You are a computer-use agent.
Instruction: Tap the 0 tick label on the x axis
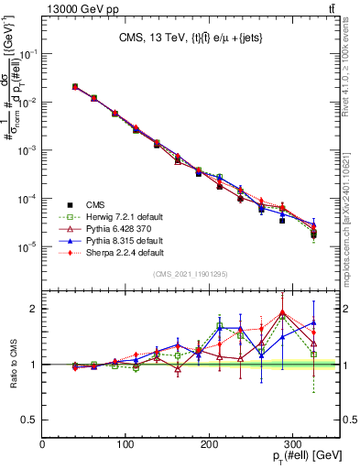pyautogui.click(x=42, y=445)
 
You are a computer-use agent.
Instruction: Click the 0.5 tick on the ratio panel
pyautogui.click(x=30, y=420)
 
